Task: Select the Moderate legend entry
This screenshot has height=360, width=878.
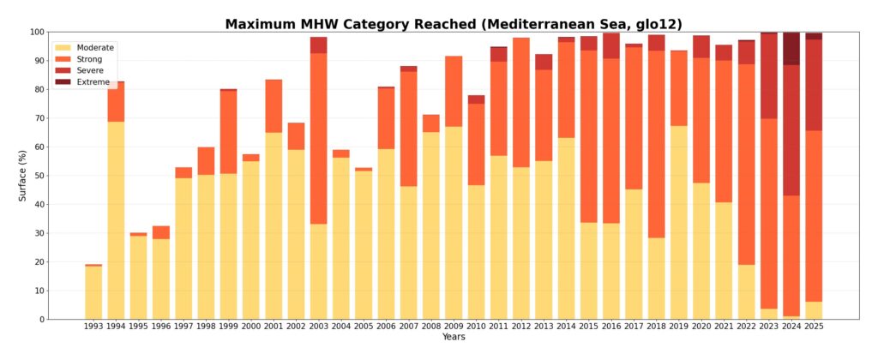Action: pos(94,47)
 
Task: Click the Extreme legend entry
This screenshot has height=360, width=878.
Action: pos(93,81)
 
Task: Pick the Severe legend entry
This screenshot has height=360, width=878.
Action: pos(89,70)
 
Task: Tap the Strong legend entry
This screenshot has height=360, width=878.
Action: pos(89,59)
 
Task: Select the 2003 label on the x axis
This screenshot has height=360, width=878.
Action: pos(318,327)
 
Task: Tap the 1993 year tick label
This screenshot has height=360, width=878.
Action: pos(93,327)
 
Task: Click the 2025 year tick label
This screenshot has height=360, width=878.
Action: pos(813,327)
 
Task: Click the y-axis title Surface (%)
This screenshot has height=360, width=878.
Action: pos(23,176)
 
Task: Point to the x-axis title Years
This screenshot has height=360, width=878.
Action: pos(454,338)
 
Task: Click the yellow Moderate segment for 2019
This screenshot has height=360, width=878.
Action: pos(678,223)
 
